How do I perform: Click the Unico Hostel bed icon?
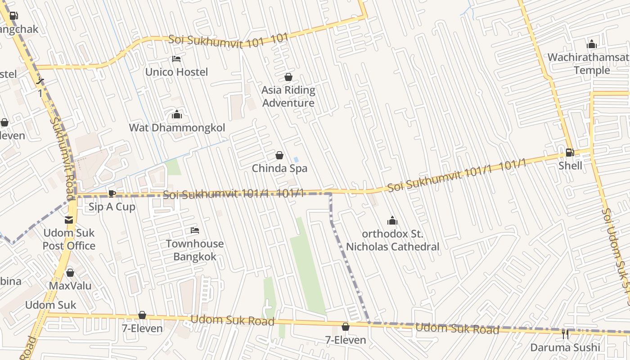pyautogui.click(x=176, y=59)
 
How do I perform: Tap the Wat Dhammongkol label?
pyautogui.click(x=177, y=128)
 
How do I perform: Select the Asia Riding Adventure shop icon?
pyautogui.click(x=288, y=77)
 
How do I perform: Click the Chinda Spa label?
pyautogui.click(x=279, y=168)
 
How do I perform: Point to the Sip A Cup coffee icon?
pyautogui.click(x=112, y=193)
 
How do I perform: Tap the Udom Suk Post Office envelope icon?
pyautogui.click(x=69, y=220)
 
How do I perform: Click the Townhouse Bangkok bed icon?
pyautogui.click(x=195, y=230)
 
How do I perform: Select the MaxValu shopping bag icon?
pyautogui.click(x=70, y=273)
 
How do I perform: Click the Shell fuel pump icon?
pyautogui.click(x=570, y=153)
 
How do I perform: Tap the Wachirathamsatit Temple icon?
pyautogui.click(x=592, y=44)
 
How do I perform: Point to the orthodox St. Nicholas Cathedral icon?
pyautogui.click(x=392, y=220)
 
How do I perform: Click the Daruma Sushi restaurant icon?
pyautogui.click(x=565, y=334)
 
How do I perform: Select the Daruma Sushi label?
pyautogui.click(x=565, y=347)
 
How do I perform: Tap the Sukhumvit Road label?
pyautogui.click(x=63, y=157)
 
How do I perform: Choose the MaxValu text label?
pyautogui.click(x=70, y=286)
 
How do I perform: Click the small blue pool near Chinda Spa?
pyautogui.click(x=296, y=160)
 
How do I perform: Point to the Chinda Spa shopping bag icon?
pyautogui.click(x=279, y=155)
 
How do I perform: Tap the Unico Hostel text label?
pyautogui.click(x=176, y=72)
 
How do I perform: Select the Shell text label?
pyautogui.click(x=570, y=166)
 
